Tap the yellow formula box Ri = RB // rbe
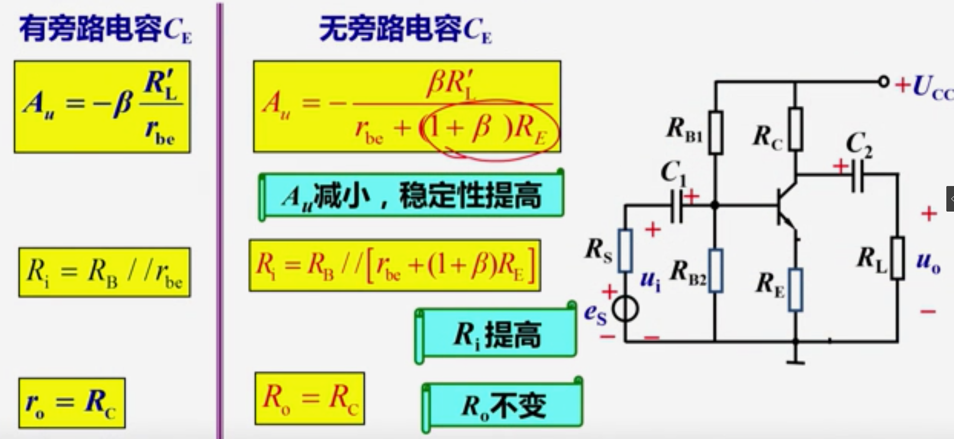click(104, 272)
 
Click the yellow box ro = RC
click(72, 403)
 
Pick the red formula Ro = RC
click(310, 399)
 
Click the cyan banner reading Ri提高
click(496, 335)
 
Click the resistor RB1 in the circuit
click(715, 132)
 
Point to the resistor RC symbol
click(795, 129)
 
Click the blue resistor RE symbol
click(795, 290)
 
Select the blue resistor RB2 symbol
click(715, 270)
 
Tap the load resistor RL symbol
click(897, 258)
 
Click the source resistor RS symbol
click(625, 250)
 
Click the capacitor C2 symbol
click(858, 175)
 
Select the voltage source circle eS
click(625, 309)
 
